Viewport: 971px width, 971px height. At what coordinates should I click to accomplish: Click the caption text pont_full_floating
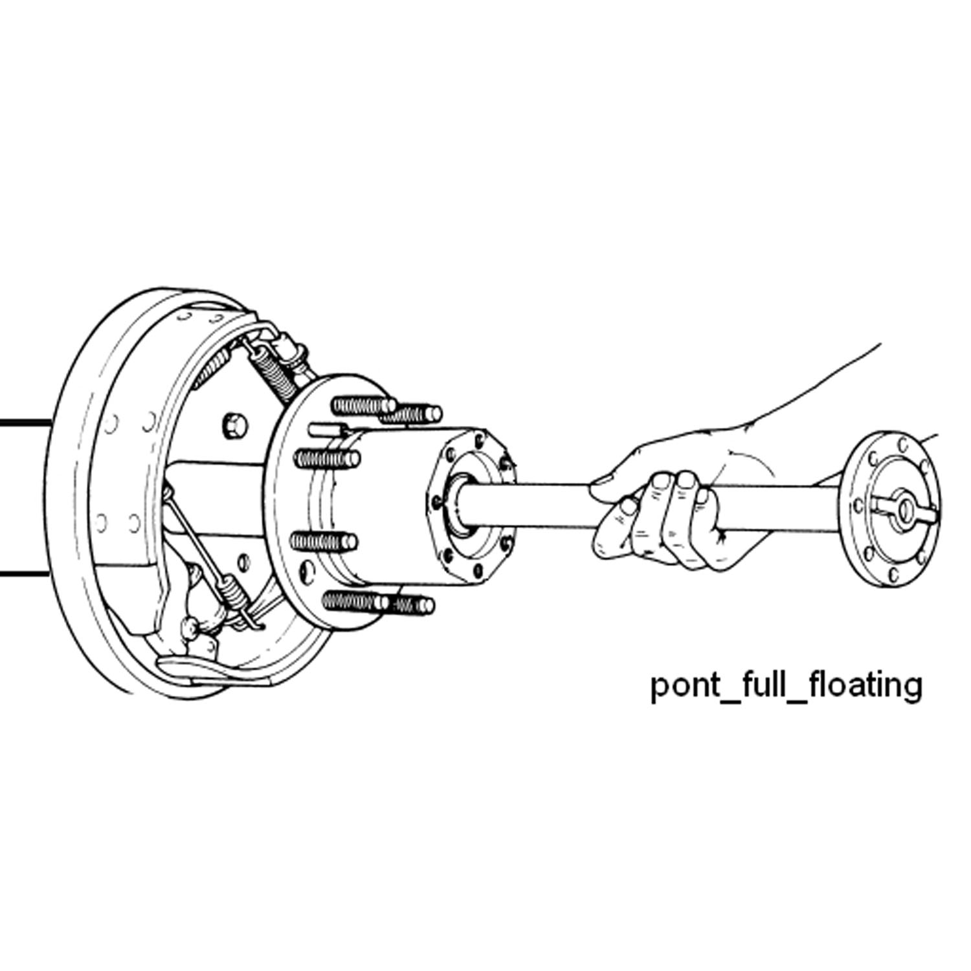click(785, 686)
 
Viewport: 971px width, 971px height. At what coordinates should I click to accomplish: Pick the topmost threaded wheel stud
click(363, 406)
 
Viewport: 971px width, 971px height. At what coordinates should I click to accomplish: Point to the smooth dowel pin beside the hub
click(328, 428)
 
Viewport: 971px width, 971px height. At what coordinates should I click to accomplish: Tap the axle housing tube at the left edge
click(23, 498)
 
